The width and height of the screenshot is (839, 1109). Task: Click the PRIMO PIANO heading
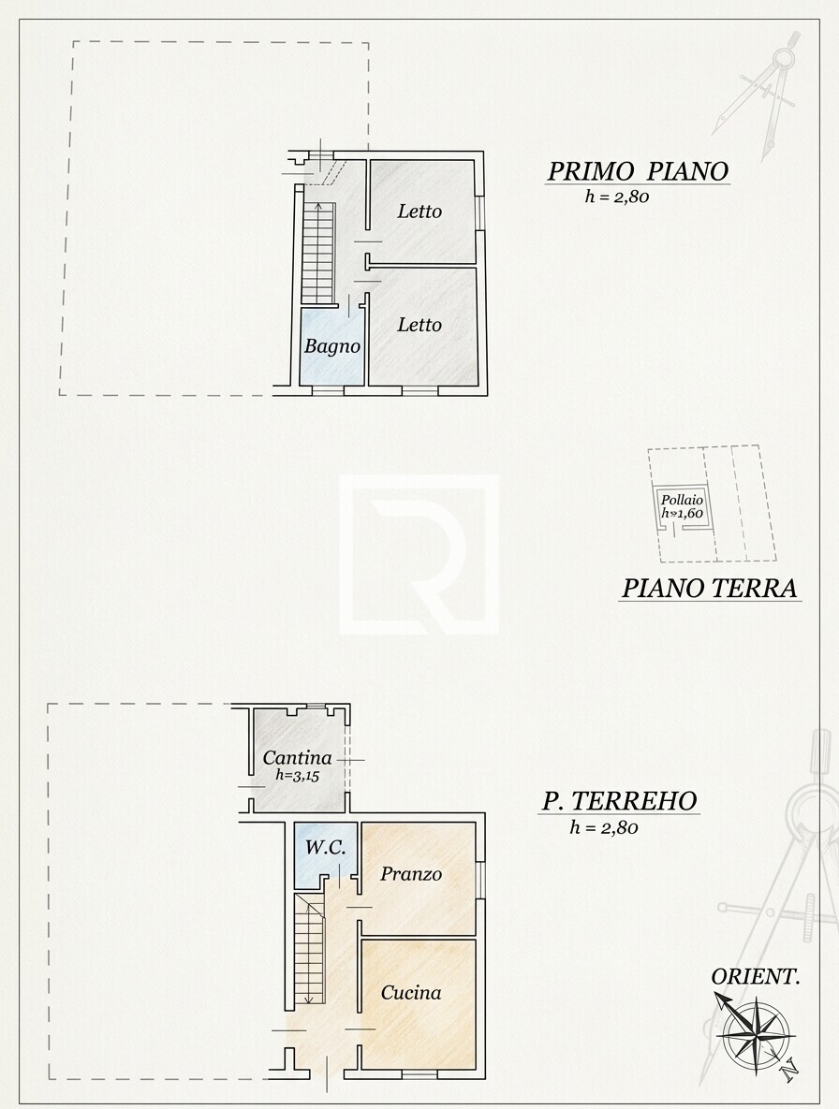[638, 171]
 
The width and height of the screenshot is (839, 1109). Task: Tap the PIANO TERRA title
[710, 588]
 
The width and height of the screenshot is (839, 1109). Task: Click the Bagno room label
[332, 346]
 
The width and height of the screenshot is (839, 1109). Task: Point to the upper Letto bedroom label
[419, 211]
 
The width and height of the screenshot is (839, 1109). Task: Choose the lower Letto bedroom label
[419, 325]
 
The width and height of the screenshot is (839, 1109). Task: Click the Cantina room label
[297, 757]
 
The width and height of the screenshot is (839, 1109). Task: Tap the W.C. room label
[326, 847]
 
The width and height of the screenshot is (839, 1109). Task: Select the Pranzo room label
[411, 874]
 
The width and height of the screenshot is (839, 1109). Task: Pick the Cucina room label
[411, 993]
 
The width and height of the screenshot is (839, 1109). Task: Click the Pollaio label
[682, 500]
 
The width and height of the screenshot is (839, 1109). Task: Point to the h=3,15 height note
[298, 775]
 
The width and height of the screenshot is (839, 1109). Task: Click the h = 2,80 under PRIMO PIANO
[617, 197]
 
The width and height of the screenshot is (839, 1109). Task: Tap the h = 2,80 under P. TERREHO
[604, 827]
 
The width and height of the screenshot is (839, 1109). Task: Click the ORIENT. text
[756, 977]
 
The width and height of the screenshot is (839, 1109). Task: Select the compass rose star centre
[756, 1031]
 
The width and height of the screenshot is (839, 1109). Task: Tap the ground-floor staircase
[310, 948]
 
